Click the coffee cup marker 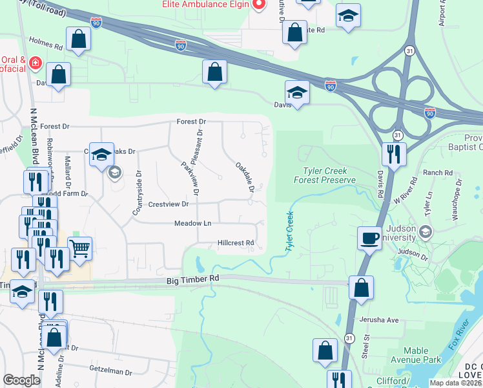(x=370, y=238)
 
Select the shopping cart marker (x=79, y=248)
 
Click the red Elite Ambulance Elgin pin (x=259, y=5)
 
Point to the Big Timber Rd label (x=193, y=278)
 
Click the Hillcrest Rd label (x=236, y=243)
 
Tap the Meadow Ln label (x=192, y=223)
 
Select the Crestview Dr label (x=168, y=204)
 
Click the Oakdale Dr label (x=244, y=177)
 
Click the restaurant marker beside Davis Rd (x=391, y=155)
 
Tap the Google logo (x=21, y=380)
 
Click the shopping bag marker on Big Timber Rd (x=361, y=288)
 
